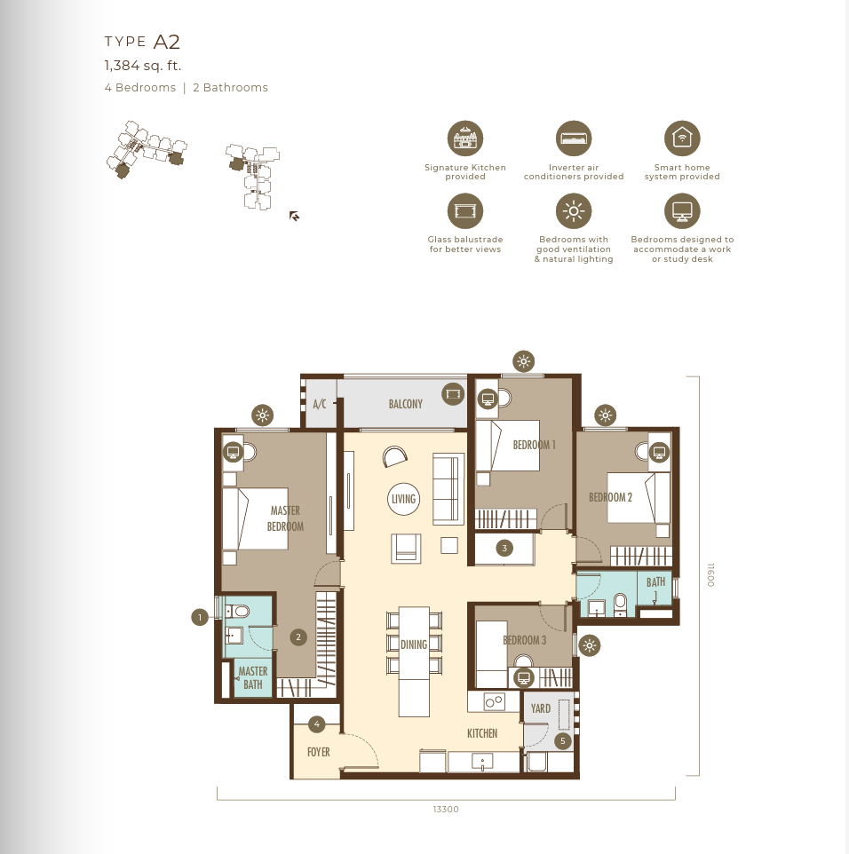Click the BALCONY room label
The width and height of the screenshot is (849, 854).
tap(406, 404)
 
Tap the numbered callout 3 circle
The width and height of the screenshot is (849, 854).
tap(504, 548)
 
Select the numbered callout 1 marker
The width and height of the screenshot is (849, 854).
tap(200, 617)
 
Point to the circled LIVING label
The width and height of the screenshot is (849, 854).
tap(404, 499)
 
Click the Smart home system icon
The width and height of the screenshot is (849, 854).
tap(682, 138)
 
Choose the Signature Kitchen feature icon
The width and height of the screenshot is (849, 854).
tap(465, 138)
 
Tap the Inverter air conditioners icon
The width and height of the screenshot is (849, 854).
tap(574, 138)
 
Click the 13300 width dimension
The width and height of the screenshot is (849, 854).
tap(446, 810)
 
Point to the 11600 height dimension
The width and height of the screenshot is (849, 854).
tap(710, 575)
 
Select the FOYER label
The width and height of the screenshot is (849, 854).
tap(319, 752)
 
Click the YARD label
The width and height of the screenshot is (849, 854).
tap(541, 708)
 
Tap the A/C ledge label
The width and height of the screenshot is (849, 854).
tap(320, 404)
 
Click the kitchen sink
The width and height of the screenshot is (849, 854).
tap(482, 762)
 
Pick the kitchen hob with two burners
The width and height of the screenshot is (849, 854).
tap(495, 702)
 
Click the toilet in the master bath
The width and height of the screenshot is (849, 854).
tap(238, 611)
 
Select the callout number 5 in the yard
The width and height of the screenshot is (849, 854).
tap(563, 740)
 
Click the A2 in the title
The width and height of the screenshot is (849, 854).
tap(167, 42)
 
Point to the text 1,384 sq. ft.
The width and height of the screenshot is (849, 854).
tap(143, 66)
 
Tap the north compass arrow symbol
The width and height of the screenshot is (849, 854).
tap(294, 217)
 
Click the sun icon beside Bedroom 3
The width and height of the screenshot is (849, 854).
tap(589, 646)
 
